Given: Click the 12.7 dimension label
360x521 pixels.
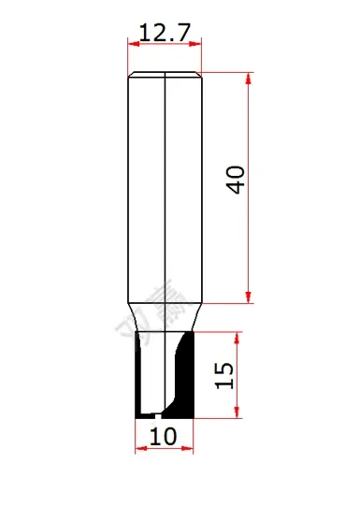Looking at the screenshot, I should pos(165,33).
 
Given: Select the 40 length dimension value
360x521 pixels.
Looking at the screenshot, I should pos(238,181).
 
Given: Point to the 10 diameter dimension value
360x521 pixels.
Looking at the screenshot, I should pos(164,435).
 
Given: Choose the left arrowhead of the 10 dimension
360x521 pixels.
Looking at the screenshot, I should pos(140,450).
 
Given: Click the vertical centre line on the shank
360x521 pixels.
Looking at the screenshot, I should pos(165,187).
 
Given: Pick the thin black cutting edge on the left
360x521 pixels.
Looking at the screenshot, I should pos(139,374).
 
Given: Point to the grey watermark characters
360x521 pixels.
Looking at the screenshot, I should pos(165,313).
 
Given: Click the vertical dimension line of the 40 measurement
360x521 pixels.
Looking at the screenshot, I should pos(249,234).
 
